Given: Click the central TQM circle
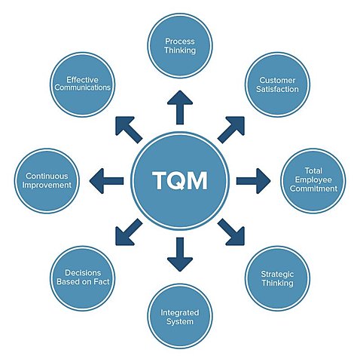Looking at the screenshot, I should (x=180, y=181).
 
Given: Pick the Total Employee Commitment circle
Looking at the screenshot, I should (x=314, y=180).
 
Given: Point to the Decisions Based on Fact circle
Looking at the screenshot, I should (x=84, y=277).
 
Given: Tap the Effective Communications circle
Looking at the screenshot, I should (x=84, y=83).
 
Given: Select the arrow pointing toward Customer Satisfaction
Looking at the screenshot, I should (x=231, y=129).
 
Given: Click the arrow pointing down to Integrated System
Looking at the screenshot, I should (x=180, y=254).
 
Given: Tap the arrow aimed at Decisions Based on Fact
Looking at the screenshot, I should (x=129, y=232).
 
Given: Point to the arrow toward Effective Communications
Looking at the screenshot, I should (x=129, y=129).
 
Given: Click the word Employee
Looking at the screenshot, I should (x=314, y=180).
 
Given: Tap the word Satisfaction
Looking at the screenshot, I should (x=279, y=89).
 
